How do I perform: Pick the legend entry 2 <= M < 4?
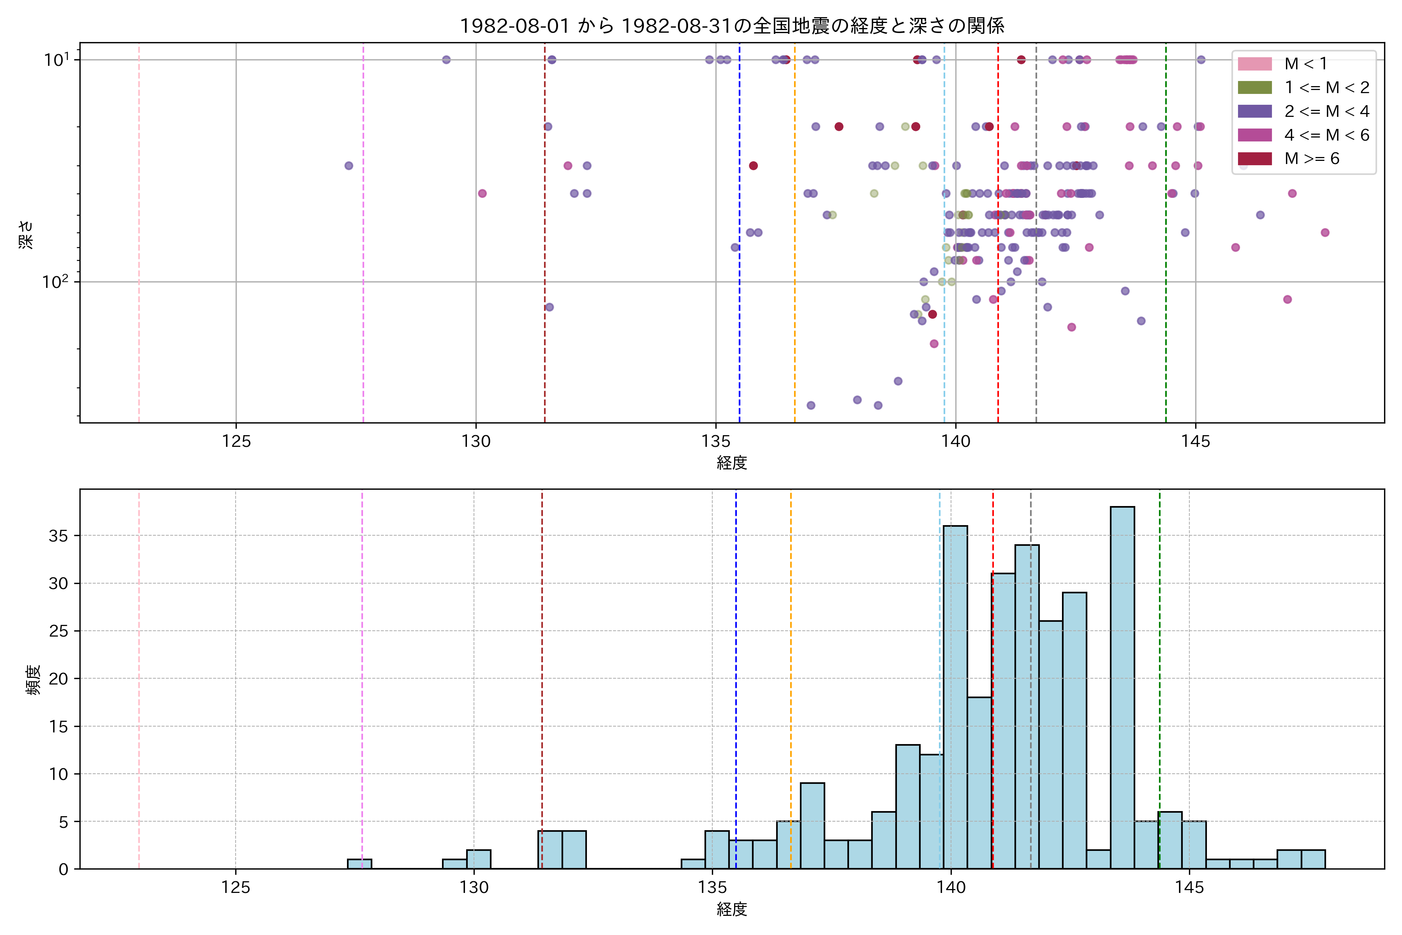click(1326, 111)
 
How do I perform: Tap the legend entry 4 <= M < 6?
click(1326, 135)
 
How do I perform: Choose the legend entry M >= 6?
click(1311, 159)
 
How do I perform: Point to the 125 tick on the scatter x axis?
click(236, 441)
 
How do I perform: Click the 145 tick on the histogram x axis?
click(1189, 887)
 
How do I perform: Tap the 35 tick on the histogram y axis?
click(58, 535)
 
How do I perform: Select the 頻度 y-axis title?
click(33, 680)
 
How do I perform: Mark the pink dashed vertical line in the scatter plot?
click(139, 238)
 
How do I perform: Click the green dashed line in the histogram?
click(1159, 656)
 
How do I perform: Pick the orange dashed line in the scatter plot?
click(794, 238)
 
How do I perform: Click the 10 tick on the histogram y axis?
click(58, 774)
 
